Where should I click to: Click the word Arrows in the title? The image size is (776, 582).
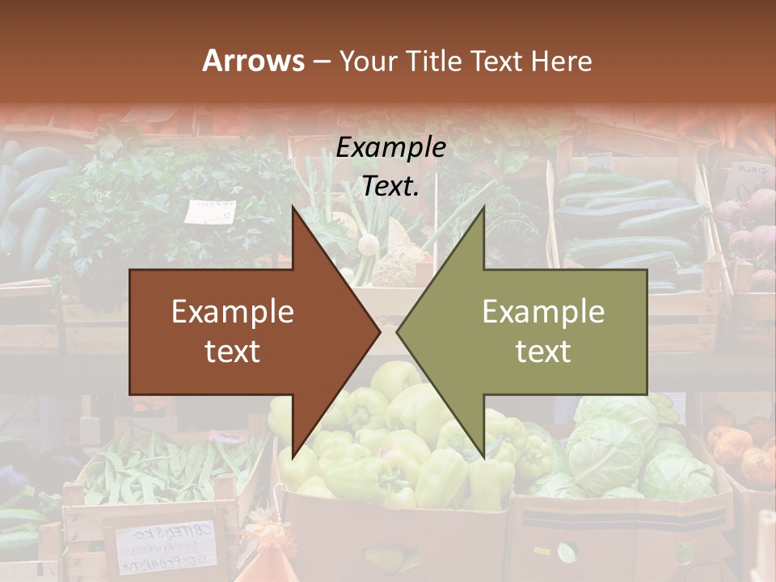(x=253, y=61)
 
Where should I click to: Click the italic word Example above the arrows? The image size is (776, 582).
(x=391, y=148)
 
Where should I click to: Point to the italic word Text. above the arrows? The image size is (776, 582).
(x=391, y=187)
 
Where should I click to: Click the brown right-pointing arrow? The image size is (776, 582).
(x=242, y=331)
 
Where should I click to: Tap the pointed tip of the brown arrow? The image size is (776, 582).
(x=377, y=331)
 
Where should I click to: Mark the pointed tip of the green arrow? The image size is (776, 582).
(x=399, y=331)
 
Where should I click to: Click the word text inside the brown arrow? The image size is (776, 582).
(x=233, y=352)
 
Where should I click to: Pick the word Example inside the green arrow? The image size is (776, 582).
(x=543, y=312)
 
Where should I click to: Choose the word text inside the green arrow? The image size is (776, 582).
(x=543, y=352)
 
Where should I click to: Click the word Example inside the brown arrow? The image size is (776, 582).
(x=233, y=312)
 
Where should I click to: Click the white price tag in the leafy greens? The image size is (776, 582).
(x=209, y=211)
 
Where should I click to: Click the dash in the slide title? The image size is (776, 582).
(x=321, y=61)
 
